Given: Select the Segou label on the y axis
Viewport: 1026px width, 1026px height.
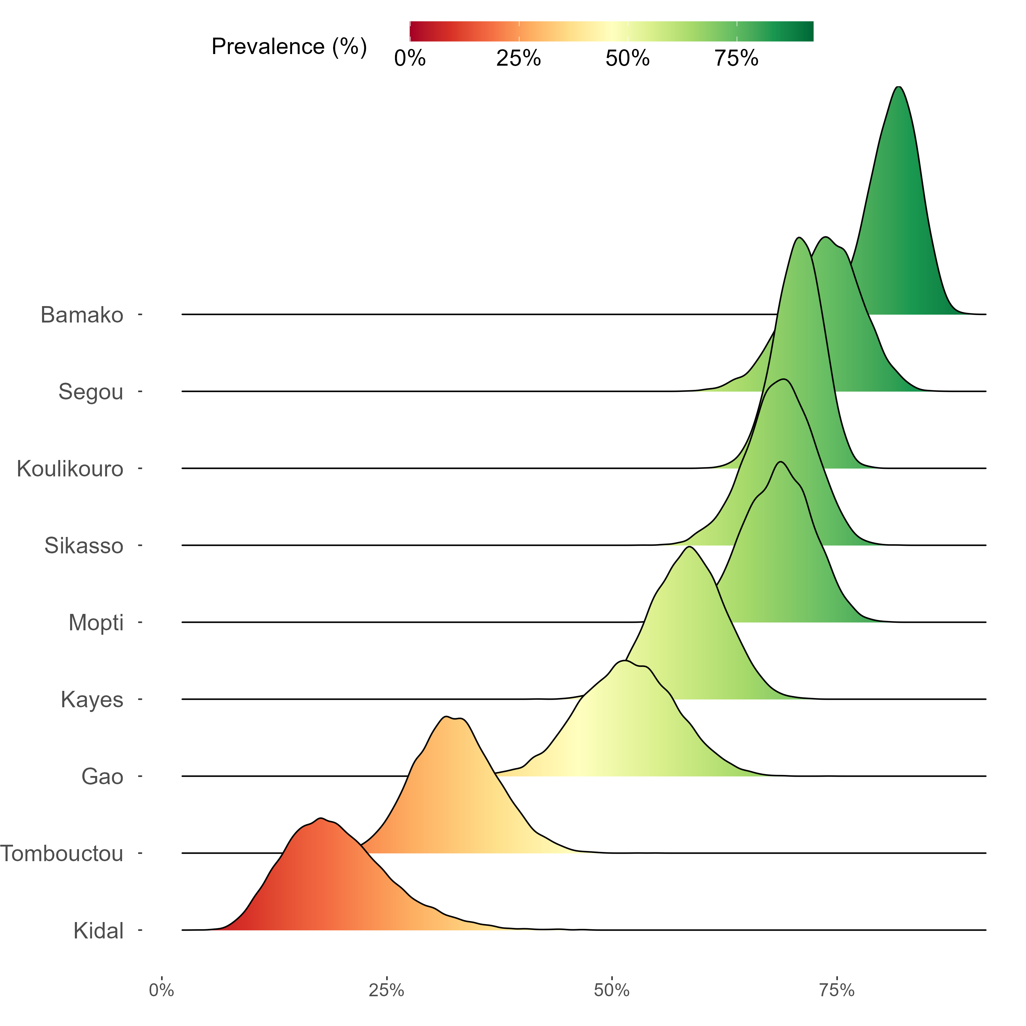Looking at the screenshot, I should tap(91, 392).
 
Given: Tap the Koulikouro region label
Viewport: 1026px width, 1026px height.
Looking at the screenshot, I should tap(70, 469).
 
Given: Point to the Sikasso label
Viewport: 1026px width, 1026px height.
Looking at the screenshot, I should tap(84, 546).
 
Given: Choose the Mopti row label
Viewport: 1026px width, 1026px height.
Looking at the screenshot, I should tap(96, 622).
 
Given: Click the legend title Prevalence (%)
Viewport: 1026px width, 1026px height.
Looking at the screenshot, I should tap(289, 47).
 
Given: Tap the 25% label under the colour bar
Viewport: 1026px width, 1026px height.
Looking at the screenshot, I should tap(518, 58).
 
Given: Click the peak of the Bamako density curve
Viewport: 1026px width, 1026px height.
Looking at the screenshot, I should tap(898, 87).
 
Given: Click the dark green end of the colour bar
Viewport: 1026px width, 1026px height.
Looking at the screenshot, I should tap(804, 31).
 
